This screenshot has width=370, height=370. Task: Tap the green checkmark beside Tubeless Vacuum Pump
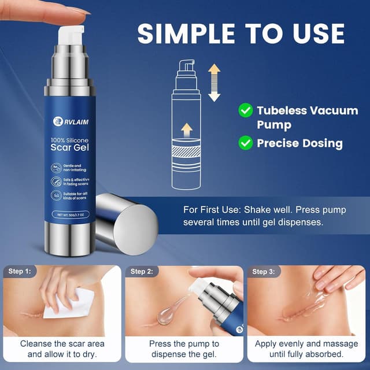click(246, 110)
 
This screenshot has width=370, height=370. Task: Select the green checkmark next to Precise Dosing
click(246, 142)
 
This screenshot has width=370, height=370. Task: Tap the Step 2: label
click(142, 271)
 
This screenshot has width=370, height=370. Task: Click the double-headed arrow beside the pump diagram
click(214, 83)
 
